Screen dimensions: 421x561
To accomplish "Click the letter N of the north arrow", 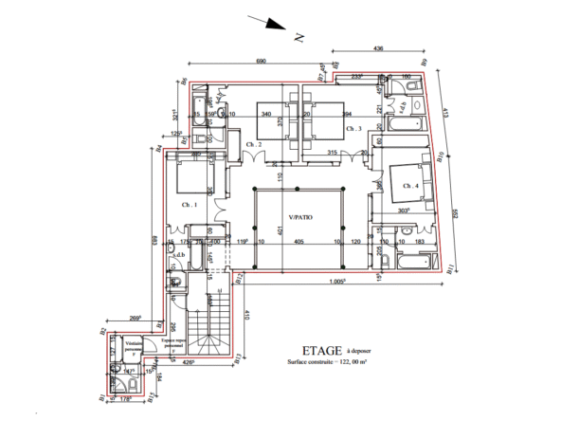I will [x=299, y=37].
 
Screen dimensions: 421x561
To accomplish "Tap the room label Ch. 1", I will [x=188, y=204].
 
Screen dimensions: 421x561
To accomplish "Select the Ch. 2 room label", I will [x=253, y=144].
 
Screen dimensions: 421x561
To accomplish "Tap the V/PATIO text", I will [x=301, y=217].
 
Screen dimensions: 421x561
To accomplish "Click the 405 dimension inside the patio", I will [x=298, y=243].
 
